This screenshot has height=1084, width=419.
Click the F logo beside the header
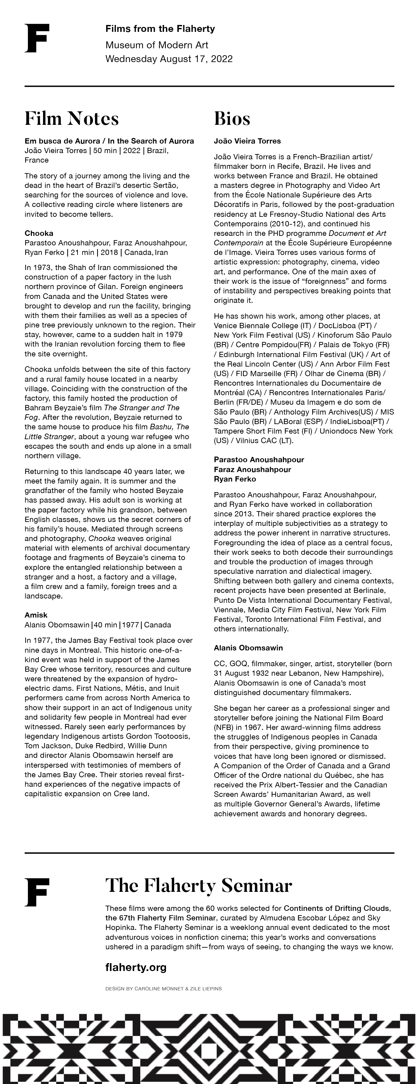point(37,38)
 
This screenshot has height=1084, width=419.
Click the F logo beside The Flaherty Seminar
point(37,892)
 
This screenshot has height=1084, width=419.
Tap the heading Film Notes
point(72,118)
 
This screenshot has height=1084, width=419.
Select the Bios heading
point(232,118)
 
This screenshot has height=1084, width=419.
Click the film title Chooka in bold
point(39,233)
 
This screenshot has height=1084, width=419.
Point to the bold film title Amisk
point(36,615)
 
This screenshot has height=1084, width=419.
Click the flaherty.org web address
point(136,967)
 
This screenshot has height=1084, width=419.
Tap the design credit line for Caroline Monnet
point(163,988)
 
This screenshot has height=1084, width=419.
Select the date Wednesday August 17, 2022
point(169,58)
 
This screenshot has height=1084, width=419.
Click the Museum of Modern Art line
point(157,45)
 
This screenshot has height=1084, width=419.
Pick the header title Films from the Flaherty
point(160,29)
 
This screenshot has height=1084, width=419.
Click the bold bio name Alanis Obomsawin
point(248,648)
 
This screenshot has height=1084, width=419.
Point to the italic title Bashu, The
point(169,427)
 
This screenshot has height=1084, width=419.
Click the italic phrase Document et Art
point(357,233)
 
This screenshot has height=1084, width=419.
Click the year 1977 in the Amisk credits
point(130,625)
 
